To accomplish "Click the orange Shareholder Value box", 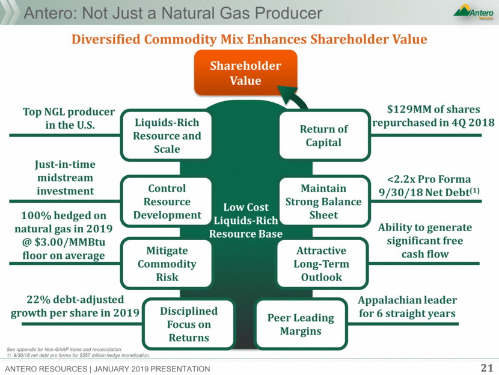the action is point(246,73).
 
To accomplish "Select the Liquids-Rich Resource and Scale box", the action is point(167,135).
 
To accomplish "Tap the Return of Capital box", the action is point(324,135).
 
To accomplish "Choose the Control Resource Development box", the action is point(167,202).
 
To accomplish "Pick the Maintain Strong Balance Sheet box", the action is point(324,202).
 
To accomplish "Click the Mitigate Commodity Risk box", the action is point(167,264).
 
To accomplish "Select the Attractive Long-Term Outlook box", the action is point(322,264).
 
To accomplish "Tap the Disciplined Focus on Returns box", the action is point(189,324).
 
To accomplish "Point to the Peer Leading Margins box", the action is point(301,324).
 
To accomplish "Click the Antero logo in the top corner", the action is point(474,12).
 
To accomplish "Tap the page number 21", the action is point(487,368).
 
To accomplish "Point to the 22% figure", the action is point(38,300).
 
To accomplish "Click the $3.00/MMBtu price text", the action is point(70,242).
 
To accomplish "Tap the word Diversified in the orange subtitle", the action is point(106,39).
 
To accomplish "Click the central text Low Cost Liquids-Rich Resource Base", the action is point(246,220).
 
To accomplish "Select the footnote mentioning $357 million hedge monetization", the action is point(78,355).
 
